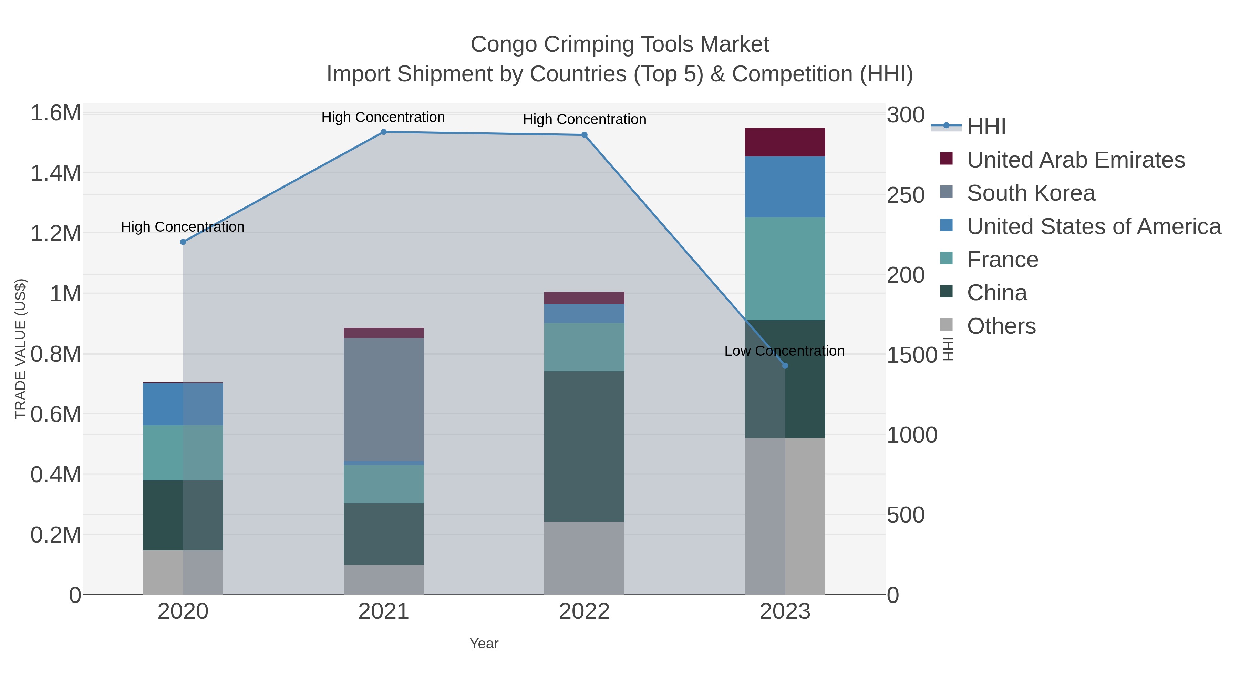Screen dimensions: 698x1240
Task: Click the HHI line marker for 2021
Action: pos(384,132)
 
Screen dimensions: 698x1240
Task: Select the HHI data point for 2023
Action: pos(785,366)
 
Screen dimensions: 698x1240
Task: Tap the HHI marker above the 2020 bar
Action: pos(183,242)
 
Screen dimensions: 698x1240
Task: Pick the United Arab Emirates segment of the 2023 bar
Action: pos(785,142)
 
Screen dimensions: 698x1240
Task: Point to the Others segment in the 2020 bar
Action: pos(183,572)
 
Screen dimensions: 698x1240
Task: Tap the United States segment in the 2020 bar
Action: pos(183,404)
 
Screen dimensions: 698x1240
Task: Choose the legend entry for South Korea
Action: pos(1031,193)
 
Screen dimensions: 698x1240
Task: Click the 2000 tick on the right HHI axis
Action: pos(906,275)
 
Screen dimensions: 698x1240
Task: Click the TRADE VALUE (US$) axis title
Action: pos(21,349)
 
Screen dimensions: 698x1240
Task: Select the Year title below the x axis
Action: pos(484,644)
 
